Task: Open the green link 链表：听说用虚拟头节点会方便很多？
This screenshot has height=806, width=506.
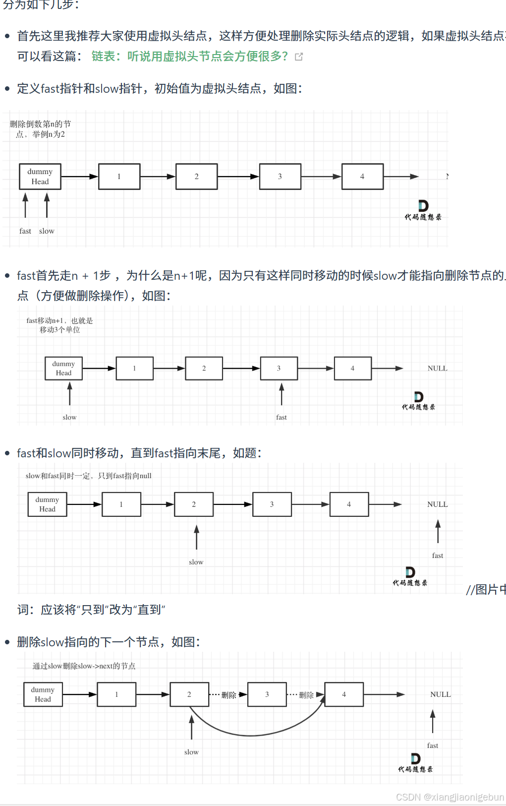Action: pos(189,57)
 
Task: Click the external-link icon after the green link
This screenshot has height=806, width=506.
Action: pos(299,57)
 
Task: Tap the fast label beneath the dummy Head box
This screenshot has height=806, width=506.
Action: pos(25,231)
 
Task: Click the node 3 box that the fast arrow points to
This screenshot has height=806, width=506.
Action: pos(279,369)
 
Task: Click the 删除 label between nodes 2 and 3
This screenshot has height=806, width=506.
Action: pos(228,695)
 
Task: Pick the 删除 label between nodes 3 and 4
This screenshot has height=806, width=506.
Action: pos(306,695)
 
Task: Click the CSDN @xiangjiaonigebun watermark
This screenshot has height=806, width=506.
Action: pos(450,797)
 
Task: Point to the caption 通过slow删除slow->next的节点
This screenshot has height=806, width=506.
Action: pos(84,666)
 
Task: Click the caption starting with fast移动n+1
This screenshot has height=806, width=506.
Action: pos(59,325)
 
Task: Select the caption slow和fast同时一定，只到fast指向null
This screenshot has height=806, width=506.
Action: pos(88,476)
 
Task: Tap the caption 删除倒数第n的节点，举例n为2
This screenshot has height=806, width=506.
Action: pos(40,129)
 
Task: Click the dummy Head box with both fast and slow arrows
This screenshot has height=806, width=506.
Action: pos(40,177)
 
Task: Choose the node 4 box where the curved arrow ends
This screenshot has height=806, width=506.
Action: pos(344,695)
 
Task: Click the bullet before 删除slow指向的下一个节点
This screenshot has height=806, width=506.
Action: pos(7,642)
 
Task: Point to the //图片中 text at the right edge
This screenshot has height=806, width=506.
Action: pos(486,590)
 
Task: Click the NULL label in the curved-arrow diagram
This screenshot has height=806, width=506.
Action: pos(440,695)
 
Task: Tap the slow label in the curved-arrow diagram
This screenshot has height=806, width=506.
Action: pos(191,752)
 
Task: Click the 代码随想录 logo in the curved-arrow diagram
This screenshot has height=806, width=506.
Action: pos(415,763)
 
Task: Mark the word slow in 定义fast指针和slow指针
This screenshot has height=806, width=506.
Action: pos(107,89)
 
